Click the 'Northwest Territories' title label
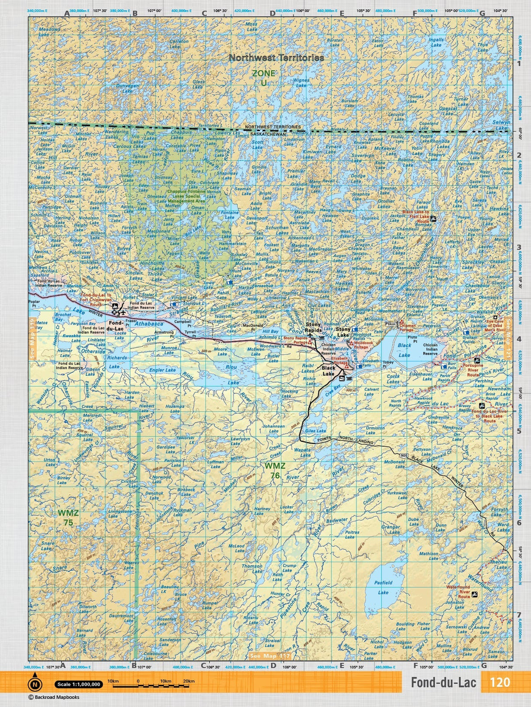coord(276,58)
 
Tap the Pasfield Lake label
coord(383,587)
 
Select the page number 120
coord(500,682)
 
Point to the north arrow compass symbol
coord(35,682)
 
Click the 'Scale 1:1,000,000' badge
coord(78,684)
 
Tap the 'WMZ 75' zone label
coord(68,517)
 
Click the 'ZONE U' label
coord(264,77)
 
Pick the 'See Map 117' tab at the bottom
coord(270,656)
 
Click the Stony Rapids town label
coord(313,327)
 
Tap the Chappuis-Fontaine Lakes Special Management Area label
coord(186,196)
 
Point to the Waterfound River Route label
coord(458,591)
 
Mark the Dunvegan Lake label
coord(127,89)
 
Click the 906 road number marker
coord(404,455)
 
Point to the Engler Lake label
coord(162,370)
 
